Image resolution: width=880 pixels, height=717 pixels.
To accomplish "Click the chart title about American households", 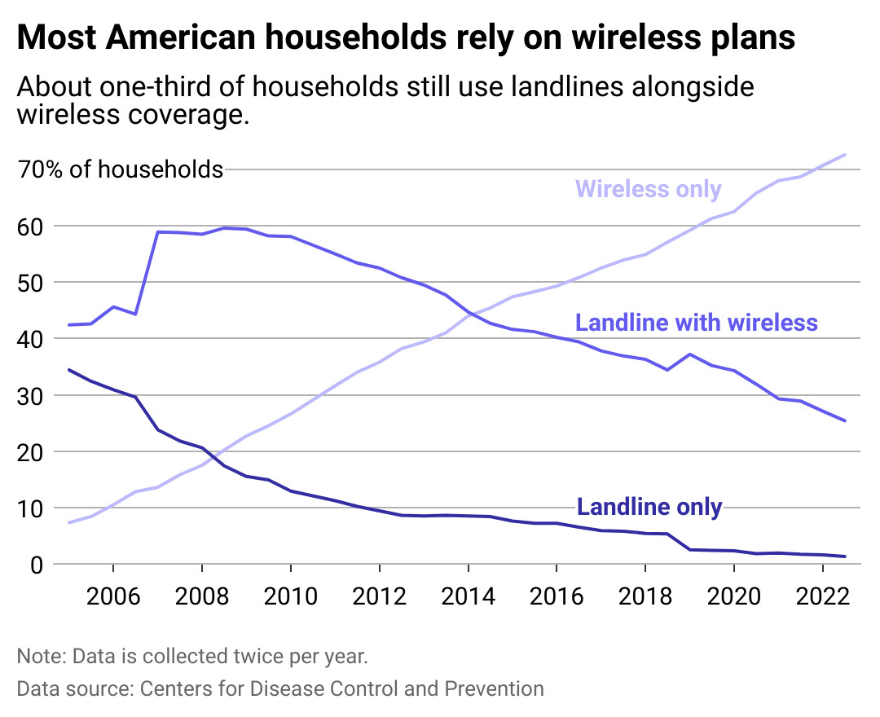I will tap(406, 38).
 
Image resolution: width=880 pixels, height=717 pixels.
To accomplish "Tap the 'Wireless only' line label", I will tap(648, 189).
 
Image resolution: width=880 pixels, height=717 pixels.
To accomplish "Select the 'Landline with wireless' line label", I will tap(696, 323).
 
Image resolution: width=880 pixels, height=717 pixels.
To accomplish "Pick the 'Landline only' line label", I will tap(649, 507).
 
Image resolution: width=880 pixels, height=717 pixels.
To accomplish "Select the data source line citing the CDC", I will tap(280, 688).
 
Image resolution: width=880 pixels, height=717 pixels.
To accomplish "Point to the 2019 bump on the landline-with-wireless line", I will tap(689, 354).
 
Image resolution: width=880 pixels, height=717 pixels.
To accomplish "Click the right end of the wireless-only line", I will tap(846, 155).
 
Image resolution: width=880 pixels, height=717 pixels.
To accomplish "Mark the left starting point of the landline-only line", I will tap(68, 370).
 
